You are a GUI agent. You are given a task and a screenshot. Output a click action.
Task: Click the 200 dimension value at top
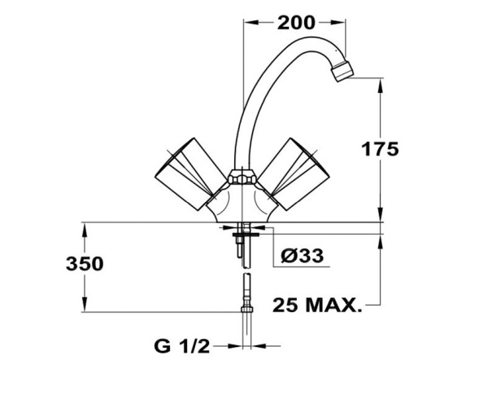point(296,23)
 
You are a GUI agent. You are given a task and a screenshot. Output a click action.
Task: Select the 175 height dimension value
point(380,149)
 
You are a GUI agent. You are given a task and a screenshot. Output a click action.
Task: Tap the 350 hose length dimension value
point(85,264)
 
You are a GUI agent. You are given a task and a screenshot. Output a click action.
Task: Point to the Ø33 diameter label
point(302,256)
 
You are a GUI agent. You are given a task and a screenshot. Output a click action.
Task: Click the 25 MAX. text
point(317,305)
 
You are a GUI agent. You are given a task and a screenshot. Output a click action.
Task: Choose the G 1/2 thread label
point(182,346)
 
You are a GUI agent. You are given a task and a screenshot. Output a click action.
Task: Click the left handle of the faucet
point(190,174)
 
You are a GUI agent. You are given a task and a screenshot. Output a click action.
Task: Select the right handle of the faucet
point(294,174)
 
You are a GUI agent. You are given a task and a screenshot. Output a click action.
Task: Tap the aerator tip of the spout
point(342,72)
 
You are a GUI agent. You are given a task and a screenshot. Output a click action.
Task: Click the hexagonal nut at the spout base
point(242,178)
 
